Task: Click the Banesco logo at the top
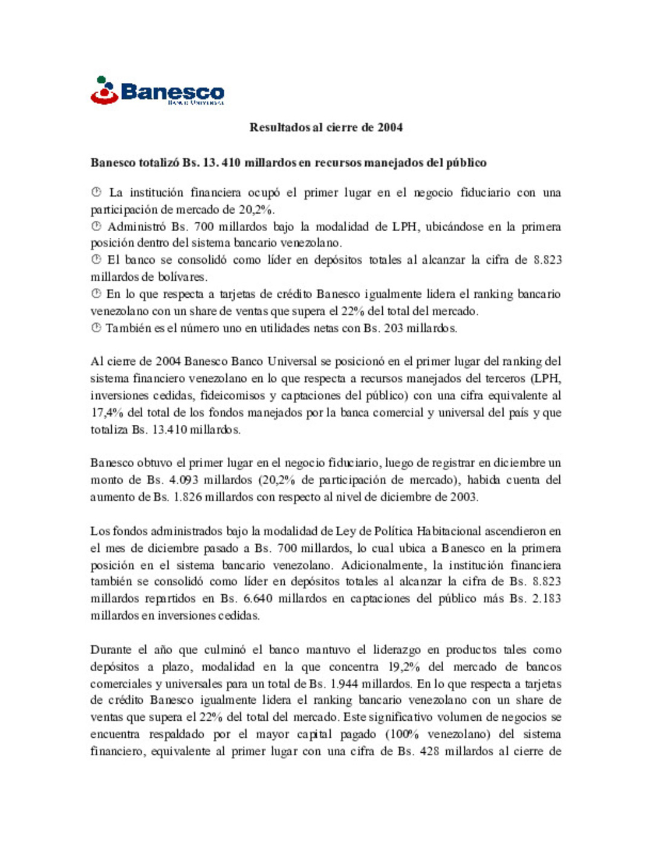point(157,91)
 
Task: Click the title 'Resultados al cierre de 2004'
point(326,128)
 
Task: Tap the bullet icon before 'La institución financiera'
point(96,192)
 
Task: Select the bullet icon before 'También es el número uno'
point(96,328)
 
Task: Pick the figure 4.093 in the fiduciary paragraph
point(184,480)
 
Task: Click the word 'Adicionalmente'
point(383,565)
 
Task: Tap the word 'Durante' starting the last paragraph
point(110,650)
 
